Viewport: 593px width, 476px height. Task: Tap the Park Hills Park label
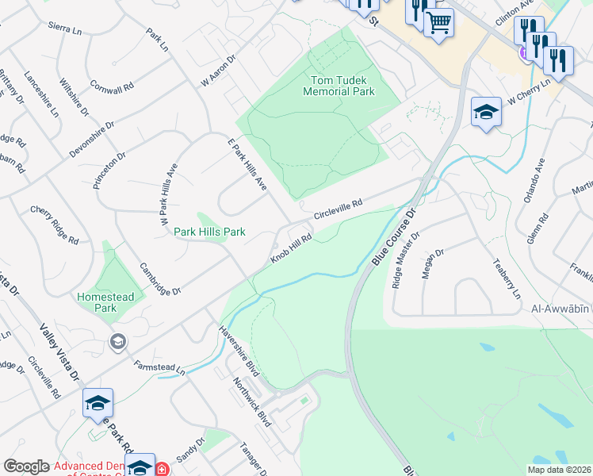pos(210,232)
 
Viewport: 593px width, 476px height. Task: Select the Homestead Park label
pos(110,301)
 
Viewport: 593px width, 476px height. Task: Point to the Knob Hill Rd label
pos(292,248)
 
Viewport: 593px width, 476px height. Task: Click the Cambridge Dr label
pos(160,278)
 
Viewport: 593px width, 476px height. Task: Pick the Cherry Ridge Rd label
pos(55,225)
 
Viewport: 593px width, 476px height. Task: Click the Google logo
pos(26,466)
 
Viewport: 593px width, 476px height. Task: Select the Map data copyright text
pos(560,470)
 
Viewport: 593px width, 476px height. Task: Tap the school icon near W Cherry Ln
pos(486,112)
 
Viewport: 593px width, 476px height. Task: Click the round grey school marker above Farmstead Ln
pos(118,342)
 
